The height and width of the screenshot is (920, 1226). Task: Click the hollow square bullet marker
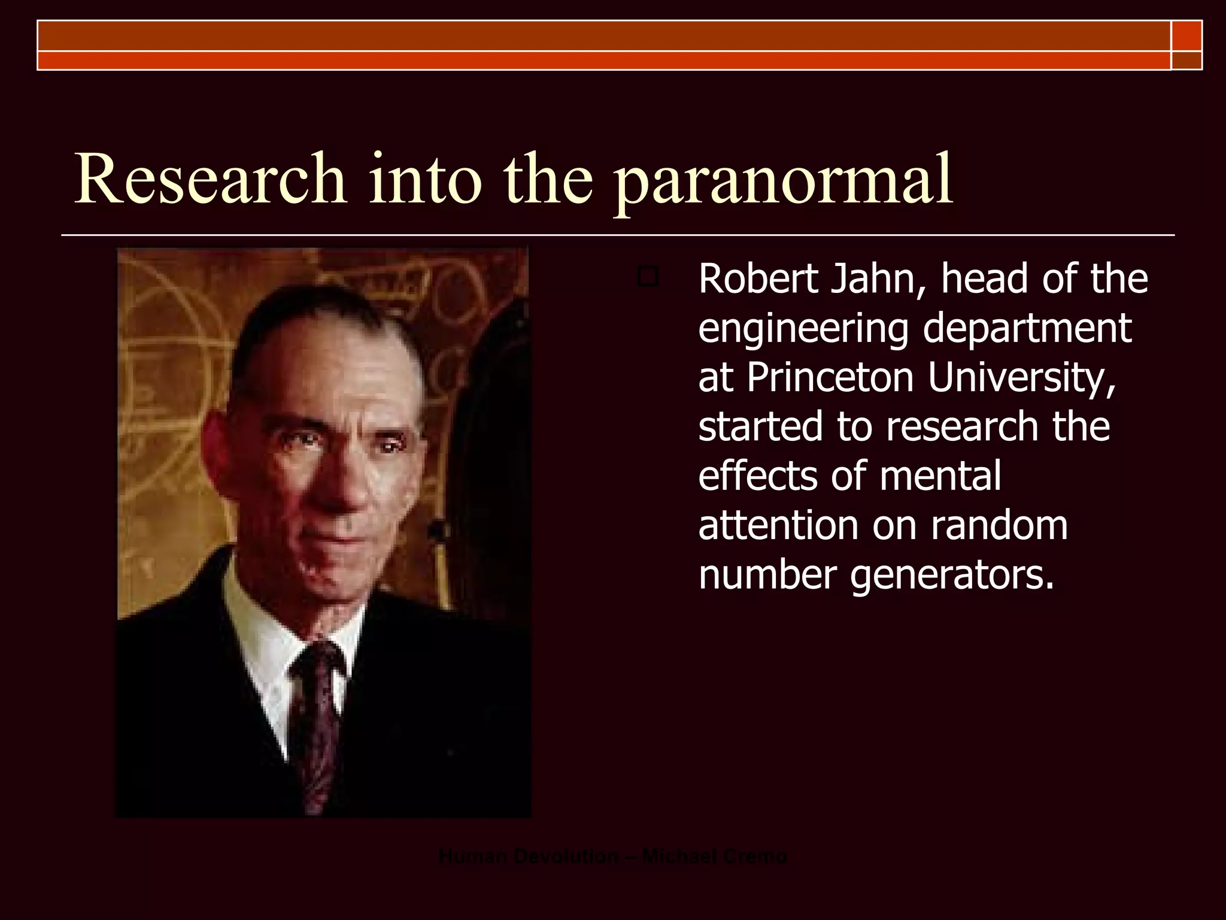coord(648,277)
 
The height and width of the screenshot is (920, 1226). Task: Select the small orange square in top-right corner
coord(1186,36)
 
